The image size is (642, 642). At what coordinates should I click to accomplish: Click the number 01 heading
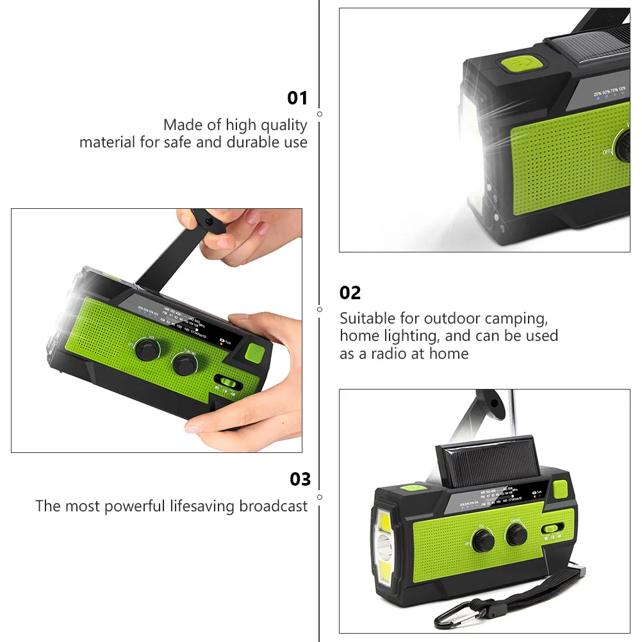pyautogui.click(x=297, y=98)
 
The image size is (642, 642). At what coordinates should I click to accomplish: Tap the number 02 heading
pyautogui.click(x=350, y=293)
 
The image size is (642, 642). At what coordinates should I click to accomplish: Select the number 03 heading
pyautogui.click(x=300, y=479)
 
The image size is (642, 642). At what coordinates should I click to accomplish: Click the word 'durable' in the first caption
pyautogui.click(x=251, y=142)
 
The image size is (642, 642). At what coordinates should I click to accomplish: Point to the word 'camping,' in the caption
pyautogui.click(x=517, y=318)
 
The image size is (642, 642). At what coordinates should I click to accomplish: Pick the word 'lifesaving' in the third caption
pyautogui.click(x=202, y=506)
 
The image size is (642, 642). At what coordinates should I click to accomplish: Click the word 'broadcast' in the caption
pyautogui.click(x=274, y=506)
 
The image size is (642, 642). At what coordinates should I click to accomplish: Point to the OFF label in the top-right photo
pyautogui.click(x=606, y=152)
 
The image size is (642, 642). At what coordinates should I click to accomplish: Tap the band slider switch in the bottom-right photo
pyautogui.click(x=551, y=529)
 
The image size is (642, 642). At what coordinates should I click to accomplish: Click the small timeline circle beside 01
pyautogui.click(x=320, y=113)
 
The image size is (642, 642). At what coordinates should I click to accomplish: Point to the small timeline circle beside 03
pyautogui.click(x=320, y=497)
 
